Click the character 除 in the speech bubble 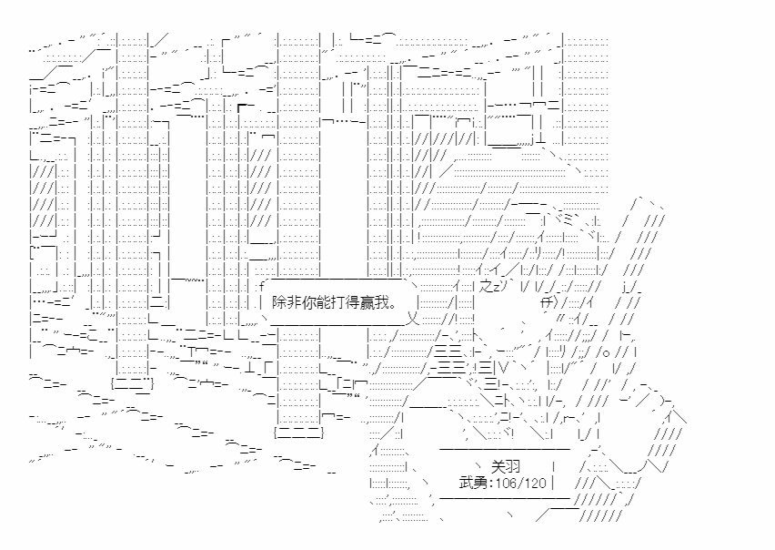[x=279, y=300]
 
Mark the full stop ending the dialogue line [x=398, y=304]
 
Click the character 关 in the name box [x=498, y=464]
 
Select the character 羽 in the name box [x=512, y=464]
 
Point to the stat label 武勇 [x=473, y=482]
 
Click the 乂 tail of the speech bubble [x=410, y=319]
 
